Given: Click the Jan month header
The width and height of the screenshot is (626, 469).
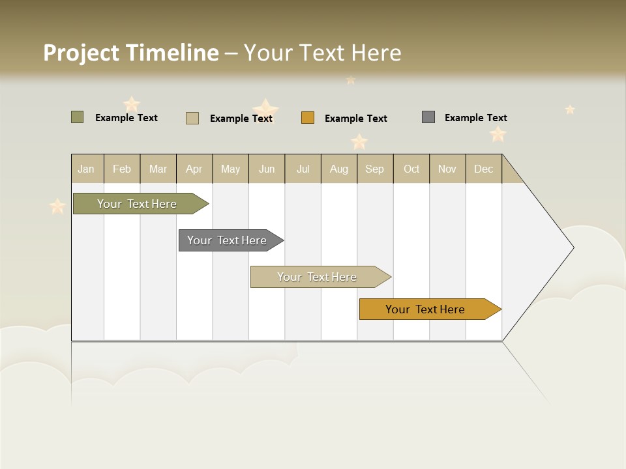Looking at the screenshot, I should (x=87, y=169).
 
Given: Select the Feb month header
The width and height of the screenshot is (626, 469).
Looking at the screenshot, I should (x=122, y=169).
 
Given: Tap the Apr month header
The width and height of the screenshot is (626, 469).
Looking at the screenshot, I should (x=194, y=169).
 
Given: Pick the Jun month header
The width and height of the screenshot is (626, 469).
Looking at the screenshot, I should (x=267, y=169).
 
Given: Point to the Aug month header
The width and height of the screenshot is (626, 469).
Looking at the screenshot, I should (x=339, y=169).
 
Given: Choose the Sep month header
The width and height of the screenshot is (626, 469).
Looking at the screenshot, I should (x=375, y=169).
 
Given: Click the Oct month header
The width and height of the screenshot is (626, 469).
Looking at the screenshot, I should (x=411, y=169).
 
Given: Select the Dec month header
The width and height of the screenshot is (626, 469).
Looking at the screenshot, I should (x=484, y=169).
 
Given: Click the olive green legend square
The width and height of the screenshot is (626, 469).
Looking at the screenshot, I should (x=77, y=117).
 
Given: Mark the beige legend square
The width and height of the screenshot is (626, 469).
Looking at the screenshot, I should (x=192, y=118).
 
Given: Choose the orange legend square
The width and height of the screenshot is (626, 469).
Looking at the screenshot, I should (x=308, y=117).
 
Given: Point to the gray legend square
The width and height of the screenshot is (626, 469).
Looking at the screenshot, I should (x=428, y=117).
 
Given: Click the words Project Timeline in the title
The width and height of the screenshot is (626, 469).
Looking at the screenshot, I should (x=130, y=53).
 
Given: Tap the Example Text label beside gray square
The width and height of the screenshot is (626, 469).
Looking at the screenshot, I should (x=476, y=118).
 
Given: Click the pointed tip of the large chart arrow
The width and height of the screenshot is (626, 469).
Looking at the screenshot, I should (x=572, y=248).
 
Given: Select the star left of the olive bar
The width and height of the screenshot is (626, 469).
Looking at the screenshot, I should (x=57, y=206).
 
